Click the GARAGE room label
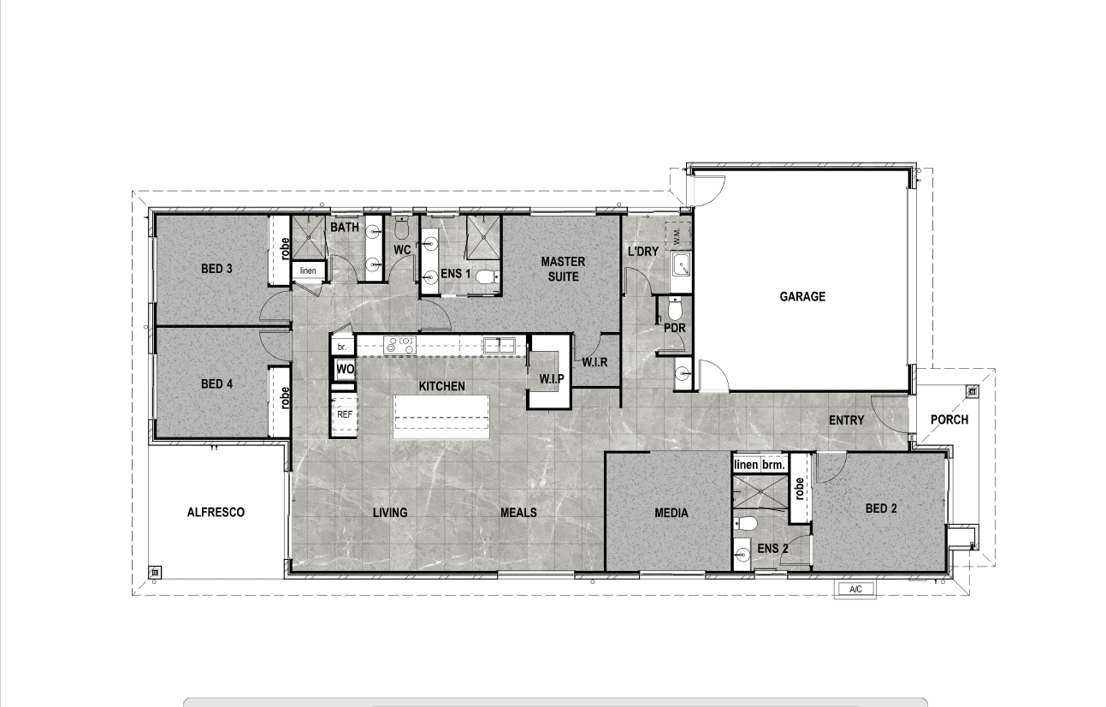point(802,296)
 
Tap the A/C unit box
point(855,589)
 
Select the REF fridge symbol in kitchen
point(344,414)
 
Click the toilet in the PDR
point(674,309)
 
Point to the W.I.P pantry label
point(552,379)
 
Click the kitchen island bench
point(441,417)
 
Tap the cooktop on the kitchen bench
point(400,345)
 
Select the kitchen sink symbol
point(500,345)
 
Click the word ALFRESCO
point(216,513)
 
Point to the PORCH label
point(949,419)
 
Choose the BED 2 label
point(881,508)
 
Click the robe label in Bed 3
point(284,248)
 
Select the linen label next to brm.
point(746,465)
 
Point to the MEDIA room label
point(671,513)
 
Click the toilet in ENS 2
point(745,523)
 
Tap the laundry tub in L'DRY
point(681,264)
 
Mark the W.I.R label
point(594,362)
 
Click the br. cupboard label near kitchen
point(341,347)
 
